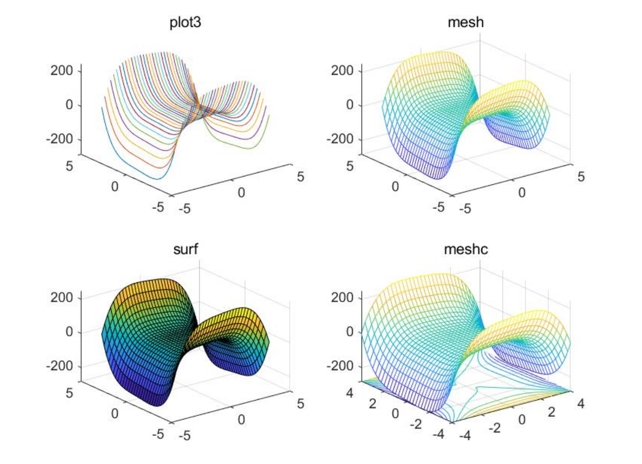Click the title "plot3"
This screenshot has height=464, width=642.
tap(185, 22)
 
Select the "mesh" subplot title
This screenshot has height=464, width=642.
tap(466, 22)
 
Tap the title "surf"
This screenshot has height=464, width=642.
tap(185, 250)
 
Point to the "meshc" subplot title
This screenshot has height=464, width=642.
tap(466, 250)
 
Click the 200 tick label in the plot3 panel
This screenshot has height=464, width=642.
tap(62, 71)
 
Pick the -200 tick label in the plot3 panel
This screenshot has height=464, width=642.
tap(60, 139)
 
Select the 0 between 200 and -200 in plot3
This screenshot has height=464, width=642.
tap(69, 105)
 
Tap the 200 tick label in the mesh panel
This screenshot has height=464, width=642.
tap(342, 71)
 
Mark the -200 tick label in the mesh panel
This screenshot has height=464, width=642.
tap(340, 139)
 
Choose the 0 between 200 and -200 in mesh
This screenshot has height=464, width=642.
tap(350, 105)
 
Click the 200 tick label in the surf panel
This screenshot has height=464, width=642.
tap(62, 298)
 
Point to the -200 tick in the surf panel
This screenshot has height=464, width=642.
tap(60, 366)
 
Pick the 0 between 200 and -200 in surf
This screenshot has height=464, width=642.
tap(69, 332)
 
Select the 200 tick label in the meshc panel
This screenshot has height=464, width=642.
tap(342, 298)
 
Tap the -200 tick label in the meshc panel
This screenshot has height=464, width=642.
tap(340, 366)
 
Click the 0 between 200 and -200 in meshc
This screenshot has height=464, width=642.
tap(350, 332)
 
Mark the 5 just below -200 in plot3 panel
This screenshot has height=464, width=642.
tap(69, 166)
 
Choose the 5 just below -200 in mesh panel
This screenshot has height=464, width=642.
tap(350, 166)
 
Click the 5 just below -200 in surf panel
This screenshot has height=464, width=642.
tap(69, 393)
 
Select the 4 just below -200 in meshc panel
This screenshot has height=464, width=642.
tap(350, 393)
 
